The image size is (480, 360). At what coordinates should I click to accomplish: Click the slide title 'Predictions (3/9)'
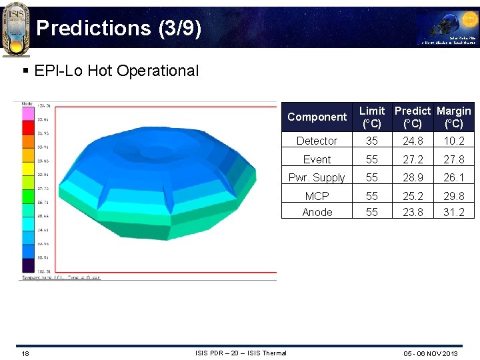118,28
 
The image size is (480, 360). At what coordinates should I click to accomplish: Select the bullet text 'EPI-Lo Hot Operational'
116,71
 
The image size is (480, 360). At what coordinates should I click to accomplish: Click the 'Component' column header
317,117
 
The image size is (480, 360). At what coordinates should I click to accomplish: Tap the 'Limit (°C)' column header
371,117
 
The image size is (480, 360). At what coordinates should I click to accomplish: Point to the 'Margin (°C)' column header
454,117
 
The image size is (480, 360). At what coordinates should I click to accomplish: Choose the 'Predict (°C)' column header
413,117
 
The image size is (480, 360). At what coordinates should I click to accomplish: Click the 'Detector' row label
317,141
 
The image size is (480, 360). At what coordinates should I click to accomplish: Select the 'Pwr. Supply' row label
317,177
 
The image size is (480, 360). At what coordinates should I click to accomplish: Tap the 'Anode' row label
317,212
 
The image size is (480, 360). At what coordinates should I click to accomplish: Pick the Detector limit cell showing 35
371,141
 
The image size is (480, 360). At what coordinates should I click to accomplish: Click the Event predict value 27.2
413,159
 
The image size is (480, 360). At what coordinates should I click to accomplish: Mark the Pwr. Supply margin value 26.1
454,177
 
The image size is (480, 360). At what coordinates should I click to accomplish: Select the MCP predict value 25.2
413,196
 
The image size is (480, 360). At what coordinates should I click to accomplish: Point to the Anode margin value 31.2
454,212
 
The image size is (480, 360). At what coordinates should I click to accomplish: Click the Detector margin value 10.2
454,141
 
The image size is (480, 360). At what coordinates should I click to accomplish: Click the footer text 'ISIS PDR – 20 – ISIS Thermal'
241,353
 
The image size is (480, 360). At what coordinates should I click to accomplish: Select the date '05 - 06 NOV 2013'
431,353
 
